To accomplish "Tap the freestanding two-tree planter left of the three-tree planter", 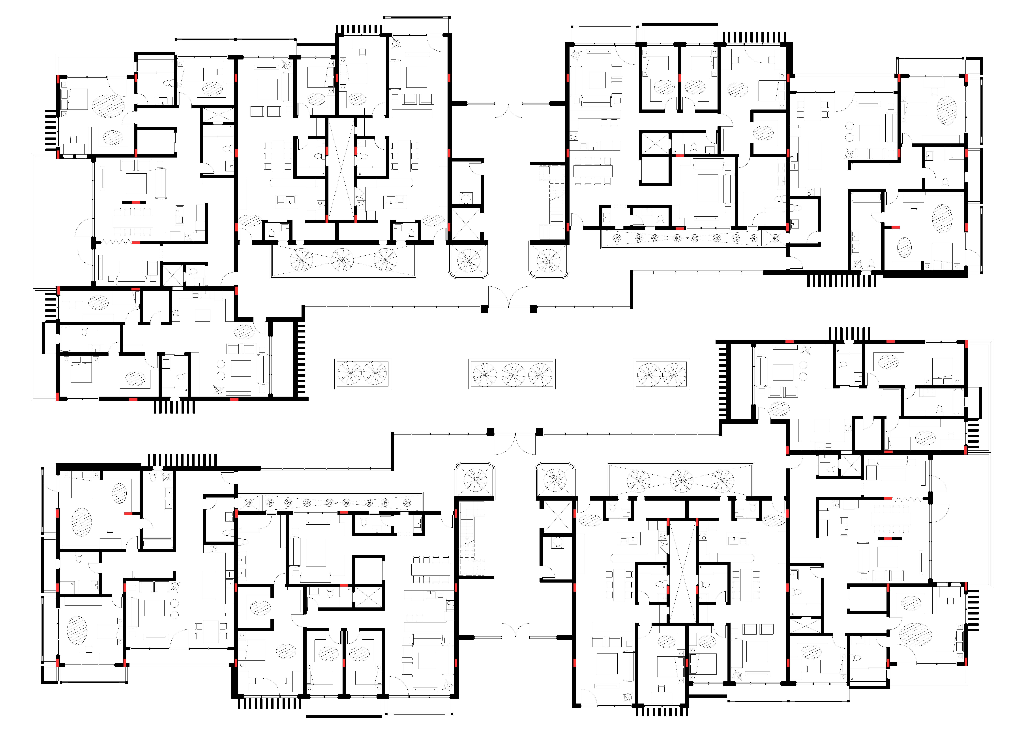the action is click(x=362, y=374).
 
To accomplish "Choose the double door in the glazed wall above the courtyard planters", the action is click(x=509, y=297).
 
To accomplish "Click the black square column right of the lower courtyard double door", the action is click(x=540, y=432).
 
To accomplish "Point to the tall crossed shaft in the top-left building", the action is click(x=341, y=169).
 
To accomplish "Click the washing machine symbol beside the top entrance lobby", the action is click(x=466, y=198).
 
